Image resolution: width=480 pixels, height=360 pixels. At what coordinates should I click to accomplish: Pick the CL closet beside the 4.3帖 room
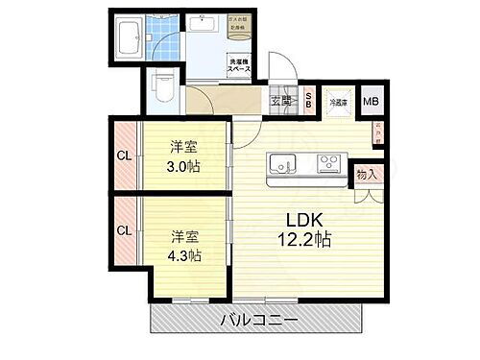(126, 230)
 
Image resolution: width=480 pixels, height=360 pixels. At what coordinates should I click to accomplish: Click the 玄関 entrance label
(280, 100)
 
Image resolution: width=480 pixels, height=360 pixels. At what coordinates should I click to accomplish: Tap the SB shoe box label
(307, 99)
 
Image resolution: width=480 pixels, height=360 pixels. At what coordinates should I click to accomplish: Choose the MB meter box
(370, 100)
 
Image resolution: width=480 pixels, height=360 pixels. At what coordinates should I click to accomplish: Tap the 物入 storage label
(366, 175)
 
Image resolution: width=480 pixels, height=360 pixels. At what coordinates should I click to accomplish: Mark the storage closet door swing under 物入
(365, 195)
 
